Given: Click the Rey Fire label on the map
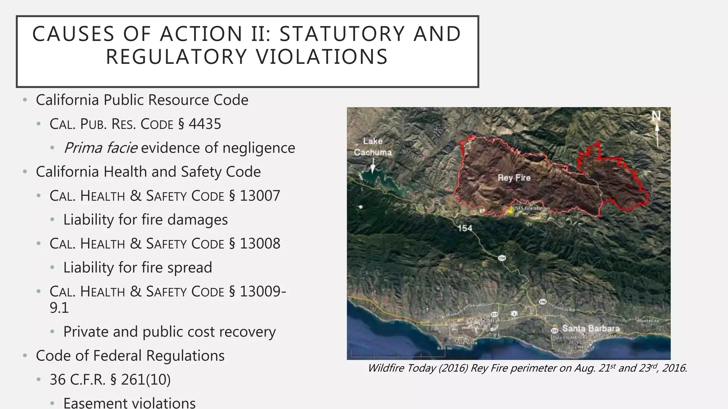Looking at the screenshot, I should pyautogui.click(x=514, y=178).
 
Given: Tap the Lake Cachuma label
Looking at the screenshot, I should pyautogui.click(x=373, y=147).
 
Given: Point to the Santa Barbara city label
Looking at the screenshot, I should pyautogui.click(x=590, y=328).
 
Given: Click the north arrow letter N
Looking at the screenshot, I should pyautogui.click(x=656, y=116).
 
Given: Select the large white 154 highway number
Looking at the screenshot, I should pyautogui.click(x=465, y=228).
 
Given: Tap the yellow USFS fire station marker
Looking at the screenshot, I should pyautogui.click(x=511, y=210).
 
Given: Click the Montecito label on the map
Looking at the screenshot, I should pyautogui.click(x=648, y=321).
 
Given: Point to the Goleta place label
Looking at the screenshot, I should pyautogui.click(x=489, y=321).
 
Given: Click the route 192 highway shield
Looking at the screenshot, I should pyautogui.click(x=542, y=302).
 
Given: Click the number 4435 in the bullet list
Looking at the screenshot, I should pyautogui.click(x=205, y=124).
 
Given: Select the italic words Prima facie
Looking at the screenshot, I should pyautogui.click(x=101, y=148).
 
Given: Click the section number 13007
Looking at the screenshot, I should pyautogui.click(x=260, y=196).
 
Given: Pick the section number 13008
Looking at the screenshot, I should pyautogui.click(x=260, y=244).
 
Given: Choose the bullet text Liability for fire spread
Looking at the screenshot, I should pyautogui.click(x=138, y=268).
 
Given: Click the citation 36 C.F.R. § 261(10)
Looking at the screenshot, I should pyautogui.click(x=110, y=380).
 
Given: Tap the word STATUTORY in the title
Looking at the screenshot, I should pyautogui.click(x=342, y=34).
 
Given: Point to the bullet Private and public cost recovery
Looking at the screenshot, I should pyautogui.click(x=169, y=332).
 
